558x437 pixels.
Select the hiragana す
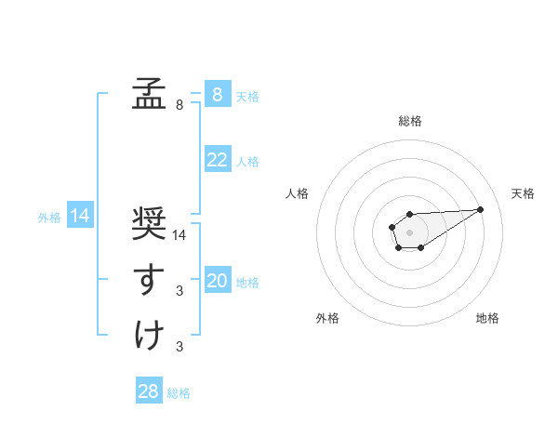click(150, 279)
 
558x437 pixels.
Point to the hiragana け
click(150, 335)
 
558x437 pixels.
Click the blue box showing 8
click(217, 94)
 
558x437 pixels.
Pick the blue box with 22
click(217, 160)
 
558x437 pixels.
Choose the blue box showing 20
click(217, 281)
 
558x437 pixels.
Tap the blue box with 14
click(80, 216)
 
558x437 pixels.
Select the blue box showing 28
click(149, 391)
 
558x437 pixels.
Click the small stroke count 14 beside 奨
click(180, 235)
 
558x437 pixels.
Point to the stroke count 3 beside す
click(179, 291)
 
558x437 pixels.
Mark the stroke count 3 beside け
click(179, 347)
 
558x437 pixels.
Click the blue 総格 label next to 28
click(179, 393)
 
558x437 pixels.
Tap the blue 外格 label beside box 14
click(49, 218)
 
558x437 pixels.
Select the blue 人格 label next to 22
click(247, 162)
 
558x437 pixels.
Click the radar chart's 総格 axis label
click(409, 121)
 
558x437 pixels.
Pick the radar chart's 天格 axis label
click(524, 193)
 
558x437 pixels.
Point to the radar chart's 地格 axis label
click(487, 318)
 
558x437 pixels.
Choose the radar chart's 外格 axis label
click(327, 318)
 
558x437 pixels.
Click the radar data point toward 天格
click(481, 209)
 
